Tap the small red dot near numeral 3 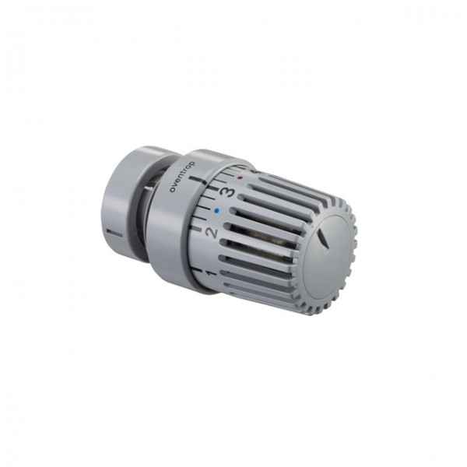(x=241, y=177)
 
